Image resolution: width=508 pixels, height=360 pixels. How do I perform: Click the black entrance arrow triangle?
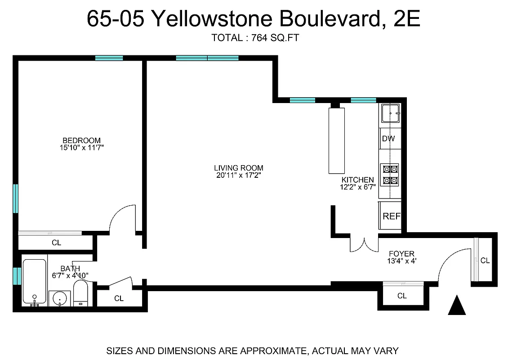[x=457, y=306]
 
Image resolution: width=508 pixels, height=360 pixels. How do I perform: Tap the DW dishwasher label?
[x=388, y=139]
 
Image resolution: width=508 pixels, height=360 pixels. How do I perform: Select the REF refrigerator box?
[x=391, y=216]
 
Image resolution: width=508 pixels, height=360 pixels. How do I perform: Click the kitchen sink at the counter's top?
[x=391, y=113]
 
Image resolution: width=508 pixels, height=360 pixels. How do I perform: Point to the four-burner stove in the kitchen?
[x=390, y=175]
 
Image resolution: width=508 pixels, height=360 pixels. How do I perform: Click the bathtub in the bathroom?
[x=34, y=281]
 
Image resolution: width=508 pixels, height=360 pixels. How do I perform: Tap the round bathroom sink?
[x=60, y=298]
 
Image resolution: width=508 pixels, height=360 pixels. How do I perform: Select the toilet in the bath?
[x=81, y=293]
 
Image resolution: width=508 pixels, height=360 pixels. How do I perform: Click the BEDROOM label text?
[x=81, y=140]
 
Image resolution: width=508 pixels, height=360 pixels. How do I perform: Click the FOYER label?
[x=401, y=254]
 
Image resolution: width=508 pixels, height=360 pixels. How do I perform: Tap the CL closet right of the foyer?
[x=485, y=261]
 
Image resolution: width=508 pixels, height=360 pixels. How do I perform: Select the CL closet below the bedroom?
[x=56, y=243]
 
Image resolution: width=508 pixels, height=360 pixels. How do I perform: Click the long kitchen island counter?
[x=335, y=140]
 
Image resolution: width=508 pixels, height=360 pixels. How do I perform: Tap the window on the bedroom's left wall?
[x=16, y=198]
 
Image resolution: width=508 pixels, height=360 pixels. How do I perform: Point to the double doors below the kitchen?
[x=365, y=244]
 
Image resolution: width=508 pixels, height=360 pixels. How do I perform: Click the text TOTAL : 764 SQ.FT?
[x=255, y=38]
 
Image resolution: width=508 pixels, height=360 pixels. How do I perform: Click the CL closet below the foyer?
[x=402, y=296]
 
